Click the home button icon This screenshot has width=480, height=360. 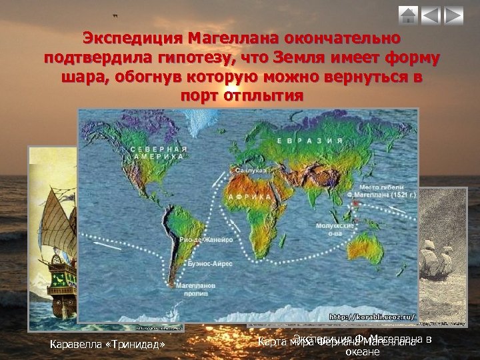pos(409,15)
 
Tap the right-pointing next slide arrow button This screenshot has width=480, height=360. pos(453,15)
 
